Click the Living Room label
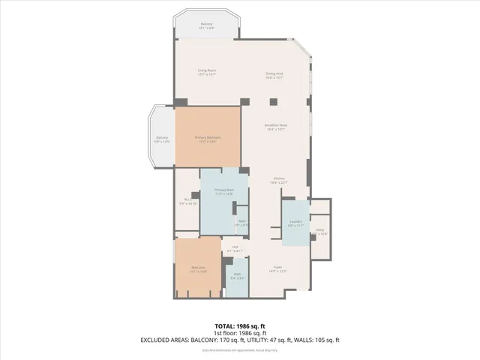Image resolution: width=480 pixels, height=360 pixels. [x=206, y=73]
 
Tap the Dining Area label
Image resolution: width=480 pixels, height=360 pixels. [x=274, y=73]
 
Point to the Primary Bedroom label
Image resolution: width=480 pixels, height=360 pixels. [x=207, y=138]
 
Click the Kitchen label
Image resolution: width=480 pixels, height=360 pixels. [x=279, y=178]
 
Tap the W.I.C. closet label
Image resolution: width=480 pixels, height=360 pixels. [x=188, y=199]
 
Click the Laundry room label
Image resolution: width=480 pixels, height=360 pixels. [x=295, y=221]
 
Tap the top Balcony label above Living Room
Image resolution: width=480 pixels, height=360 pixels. [x=206, y=24]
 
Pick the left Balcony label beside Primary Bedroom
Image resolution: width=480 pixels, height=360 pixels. [x=162, y=138]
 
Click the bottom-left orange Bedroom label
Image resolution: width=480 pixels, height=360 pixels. [x=198, y=267]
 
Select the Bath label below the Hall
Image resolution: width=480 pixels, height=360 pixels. [x=237, y=274]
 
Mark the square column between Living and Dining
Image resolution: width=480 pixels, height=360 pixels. [x=244, y=101]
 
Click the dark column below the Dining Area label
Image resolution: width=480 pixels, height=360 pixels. [x=273, y=101]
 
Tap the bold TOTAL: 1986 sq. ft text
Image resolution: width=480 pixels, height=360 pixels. [x=240, y=326]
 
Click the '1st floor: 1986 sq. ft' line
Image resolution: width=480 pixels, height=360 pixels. [x=240, y=333]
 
